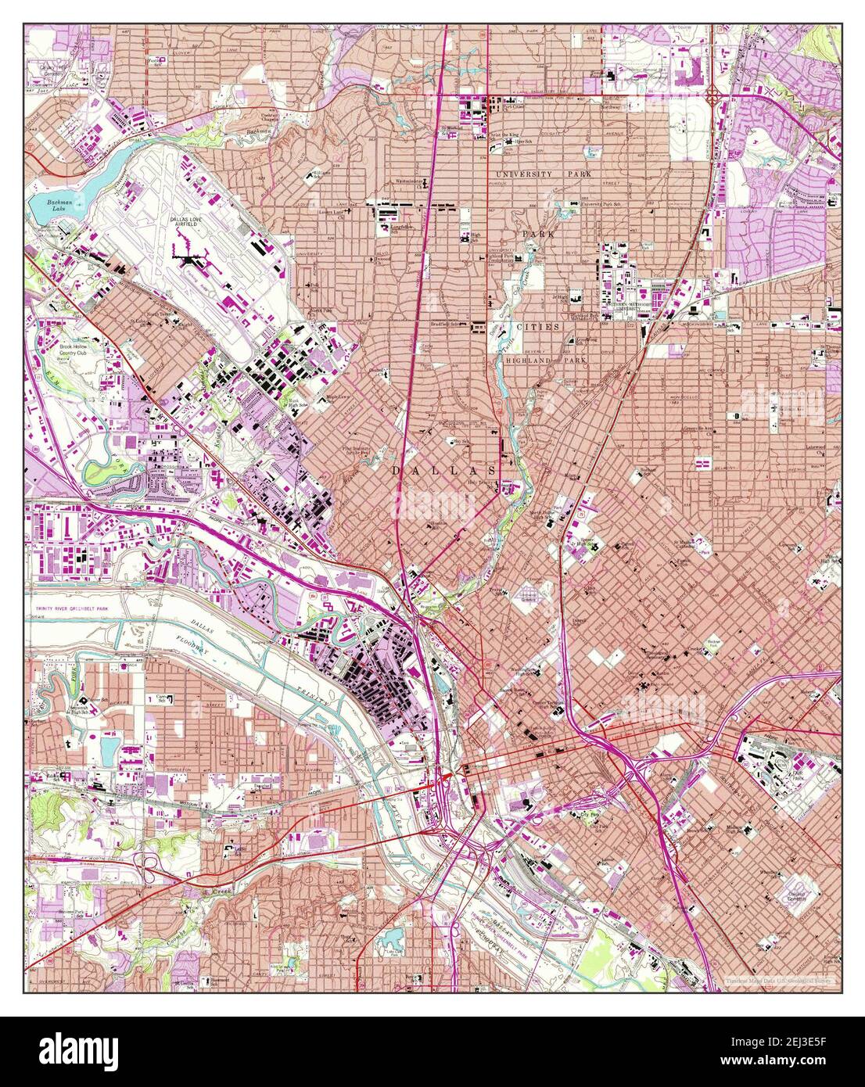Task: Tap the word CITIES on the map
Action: pyautogui.click(x=537, y=327)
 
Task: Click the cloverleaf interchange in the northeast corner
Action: pyautogui.click(x=713, y=95)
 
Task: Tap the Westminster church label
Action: pyautogui.click(x=409, y=181)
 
